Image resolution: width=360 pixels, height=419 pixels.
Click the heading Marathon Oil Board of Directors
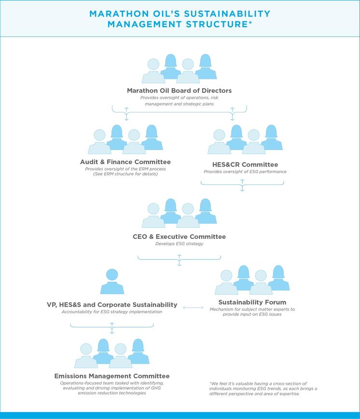[179, 91]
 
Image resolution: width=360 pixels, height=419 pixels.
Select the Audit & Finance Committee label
[125, 162]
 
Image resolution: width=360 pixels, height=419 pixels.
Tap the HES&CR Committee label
[245, 165]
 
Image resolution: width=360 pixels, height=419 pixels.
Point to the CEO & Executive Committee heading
[179, 237]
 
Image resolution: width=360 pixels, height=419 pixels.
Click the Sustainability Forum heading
[252, 302]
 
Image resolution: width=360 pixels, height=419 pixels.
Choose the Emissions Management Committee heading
[112, 376]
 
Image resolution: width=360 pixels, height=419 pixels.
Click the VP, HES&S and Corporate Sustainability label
[112, 305]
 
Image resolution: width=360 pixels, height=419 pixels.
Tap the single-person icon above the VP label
[112, 281]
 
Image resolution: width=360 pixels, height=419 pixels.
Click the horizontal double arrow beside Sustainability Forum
[193, 307]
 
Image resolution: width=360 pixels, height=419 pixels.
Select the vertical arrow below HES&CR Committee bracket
[242, 185]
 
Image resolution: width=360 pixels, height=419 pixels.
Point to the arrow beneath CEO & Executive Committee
[179, 260]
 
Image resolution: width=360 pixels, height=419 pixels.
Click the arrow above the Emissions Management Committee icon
[112, 328]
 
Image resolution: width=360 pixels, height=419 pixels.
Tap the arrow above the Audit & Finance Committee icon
[126, 114]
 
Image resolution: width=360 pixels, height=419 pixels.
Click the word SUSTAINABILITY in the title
[227, 14]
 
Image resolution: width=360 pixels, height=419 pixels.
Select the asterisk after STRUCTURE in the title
[250, 22]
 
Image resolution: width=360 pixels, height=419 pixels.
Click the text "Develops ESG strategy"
[179, 244]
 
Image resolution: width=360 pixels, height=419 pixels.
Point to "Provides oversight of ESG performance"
[245, 171]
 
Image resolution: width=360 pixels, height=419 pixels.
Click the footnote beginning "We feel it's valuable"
[263, 389]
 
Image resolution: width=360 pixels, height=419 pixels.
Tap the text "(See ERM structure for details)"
[125, 174]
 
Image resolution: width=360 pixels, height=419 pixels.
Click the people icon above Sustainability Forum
[252, 280]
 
